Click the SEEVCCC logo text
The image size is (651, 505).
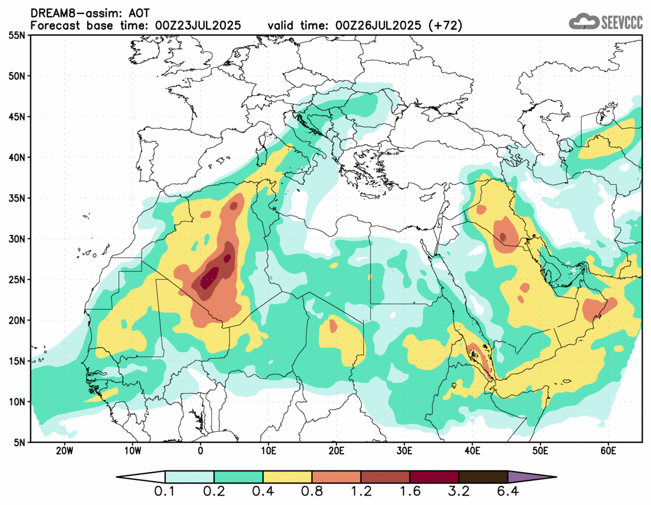click(621, 22)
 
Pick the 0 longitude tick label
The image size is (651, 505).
click(200, 451)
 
